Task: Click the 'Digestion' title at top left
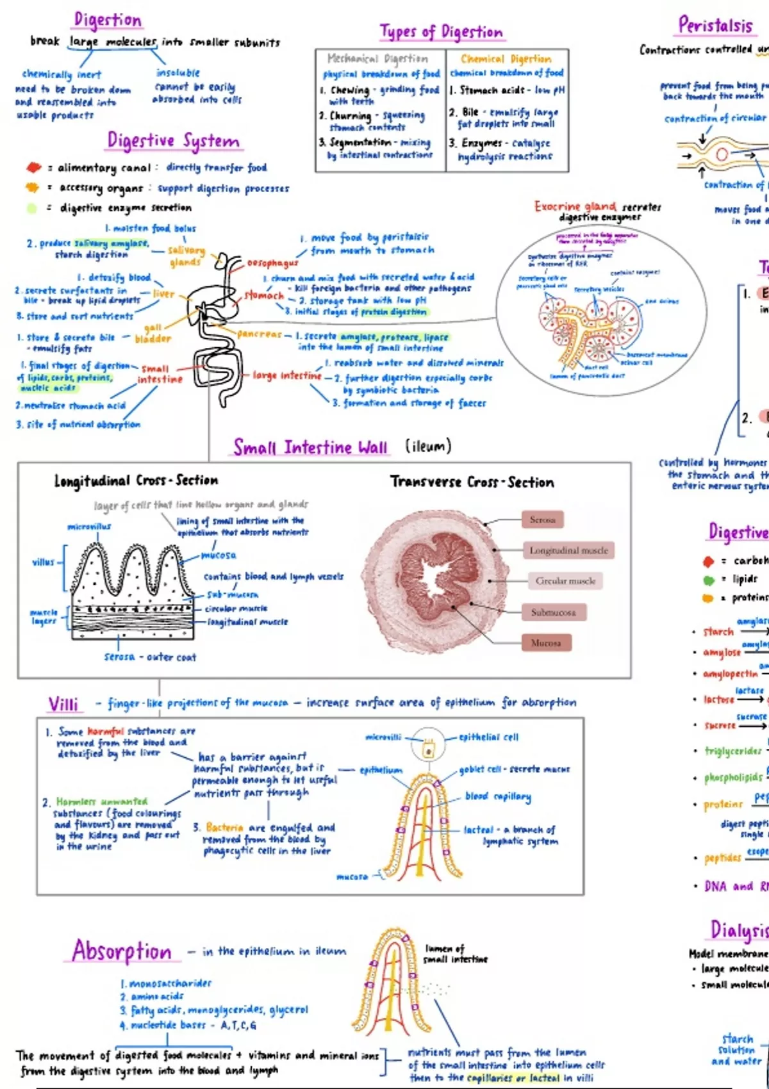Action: (x=108, y=20)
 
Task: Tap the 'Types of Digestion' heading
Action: (x=442, y=31)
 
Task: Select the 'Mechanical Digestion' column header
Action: (x=377, y=59)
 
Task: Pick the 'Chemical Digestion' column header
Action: (x=506, y=59)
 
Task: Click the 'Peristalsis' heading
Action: (x=715, y=26)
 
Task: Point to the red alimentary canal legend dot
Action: (x=33, y=168)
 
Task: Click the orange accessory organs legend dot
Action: (x=32, y=188)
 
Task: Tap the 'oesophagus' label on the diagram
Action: (x=273, y=263)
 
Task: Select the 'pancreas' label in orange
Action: (x=259, y=334)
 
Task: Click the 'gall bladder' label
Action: (x=153, y=333)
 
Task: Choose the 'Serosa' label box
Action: (x=542, y=520)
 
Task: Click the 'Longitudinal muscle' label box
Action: (x=568, y=550)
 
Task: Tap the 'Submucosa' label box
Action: (x=553, y=612)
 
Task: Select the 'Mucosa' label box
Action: (x=545, y=643)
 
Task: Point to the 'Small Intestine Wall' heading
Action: (x=310, y=447)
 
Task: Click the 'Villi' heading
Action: (x=63, y=705)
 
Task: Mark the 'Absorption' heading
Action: (x=122, y=951)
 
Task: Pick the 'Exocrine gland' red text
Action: (x=575, y=206)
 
